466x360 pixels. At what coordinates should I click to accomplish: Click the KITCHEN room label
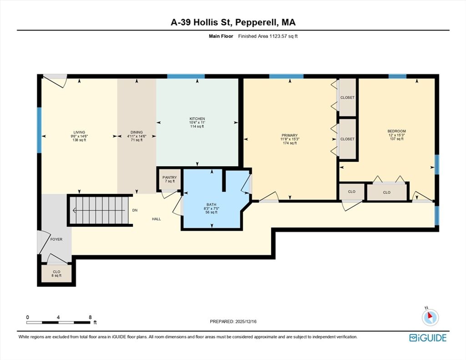(198, 119)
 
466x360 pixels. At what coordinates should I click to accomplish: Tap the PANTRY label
(170, 177)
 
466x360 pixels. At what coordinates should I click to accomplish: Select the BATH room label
(212, 204)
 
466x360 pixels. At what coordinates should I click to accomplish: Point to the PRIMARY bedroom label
(290, 135)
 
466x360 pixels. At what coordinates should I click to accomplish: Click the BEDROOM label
(397, 131)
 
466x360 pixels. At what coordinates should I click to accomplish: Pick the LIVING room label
(79, 132)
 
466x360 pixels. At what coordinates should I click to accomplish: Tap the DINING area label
(137, 132)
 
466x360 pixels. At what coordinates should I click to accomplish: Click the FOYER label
(56, 239)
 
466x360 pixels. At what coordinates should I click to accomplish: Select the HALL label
(157, 219)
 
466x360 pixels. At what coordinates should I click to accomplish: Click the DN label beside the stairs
(135, 210)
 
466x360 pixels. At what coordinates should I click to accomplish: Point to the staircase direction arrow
(99, 211)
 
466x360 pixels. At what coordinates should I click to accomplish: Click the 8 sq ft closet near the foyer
(56, 274)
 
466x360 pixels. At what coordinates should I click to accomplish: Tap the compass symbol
(430, 317)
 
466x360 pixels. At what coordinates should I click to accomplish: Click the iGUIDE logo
(428, 338)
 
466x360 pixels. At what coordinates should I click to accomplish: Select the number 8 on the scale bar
(90, 317)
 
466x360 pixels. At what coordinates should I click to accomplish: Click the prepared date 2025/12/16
(246, 321)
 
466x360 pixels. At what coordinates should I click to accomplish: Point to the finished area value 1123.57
(277, 36)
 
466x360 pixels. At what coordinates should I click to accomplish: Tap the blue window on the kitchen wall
(186, 76)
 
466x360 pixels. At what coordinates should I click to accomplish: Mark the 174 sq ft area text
(290, 143)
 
